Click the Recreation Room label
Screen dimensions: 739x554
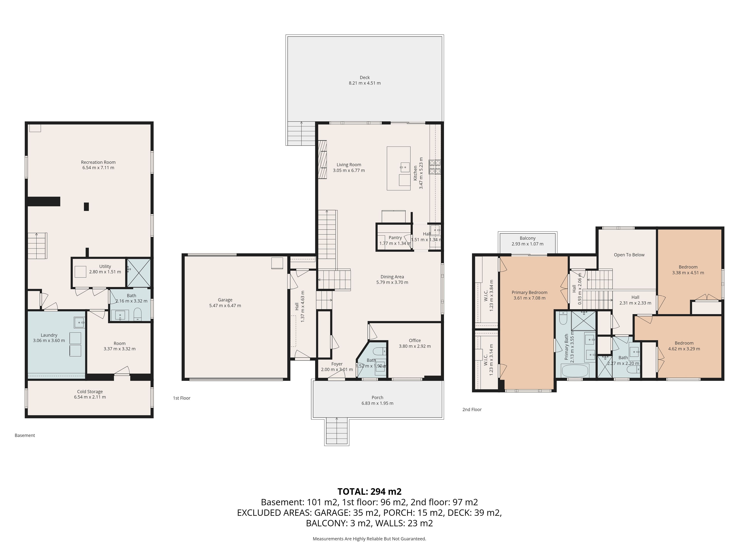pyautogui.click(x=98, y=162)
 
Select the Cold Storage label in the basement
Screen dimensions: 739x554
pyautogui.click(x=90, y=392)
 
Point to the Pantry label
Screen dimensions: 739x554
pyautogui.click(x=395, y=238)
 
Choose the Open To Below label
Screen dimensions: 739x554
pyautogui.click(x=629, y=255)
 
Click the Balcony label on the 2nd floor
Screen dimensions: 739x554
pyautogui.click(x=527, y=238)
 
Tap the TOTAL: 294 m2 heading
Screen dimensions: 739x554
pyautogui.click(x=369, y=491)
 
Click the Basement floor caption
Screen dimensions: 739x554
pyautogui.click(x=25, y=436)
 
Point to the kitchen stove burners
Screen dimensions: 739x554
pyautogui.click(x=435, y=167)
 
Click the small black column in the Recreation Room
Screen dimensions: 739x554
pyautogui.click(x=86, y=207)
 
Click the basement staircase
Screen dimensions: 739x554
pyautogui.click(x=37, y=246)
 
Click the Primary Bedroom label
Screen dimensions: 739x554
pyautogui.click(x=530, y=293)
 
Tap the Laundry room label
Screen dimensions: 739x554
pyautogui.click(x=49, y=335)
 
